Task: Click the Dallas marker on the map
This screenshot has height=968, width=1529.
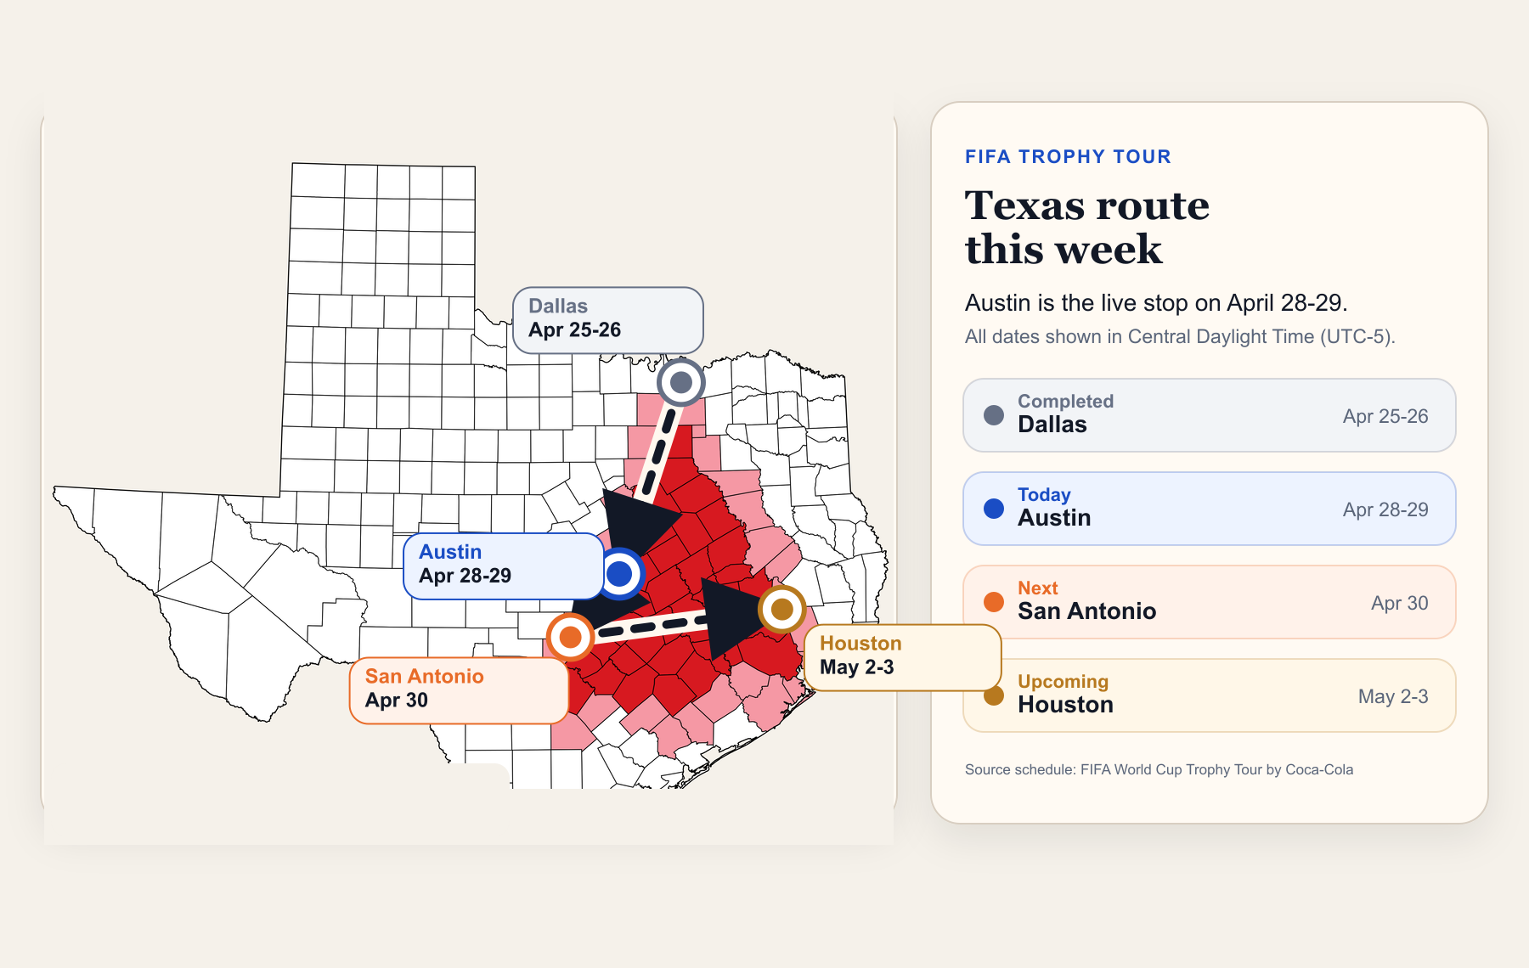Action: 681,383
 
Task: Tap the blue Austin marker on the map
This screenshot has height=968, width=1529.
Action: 620,574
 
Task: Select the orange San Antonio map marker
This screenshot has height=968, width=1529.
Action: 570,636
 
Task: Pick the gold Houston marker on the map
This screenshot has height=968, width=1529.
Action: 781,609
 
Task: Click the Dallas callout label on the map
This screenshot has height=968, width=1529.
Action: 607,319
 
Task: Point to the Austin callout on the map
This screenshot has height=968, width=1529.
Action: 503,566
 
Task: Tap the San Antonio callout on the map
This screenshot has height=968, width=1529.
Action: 459,689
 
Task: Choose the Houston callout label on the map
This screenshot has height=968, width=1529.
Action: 902,656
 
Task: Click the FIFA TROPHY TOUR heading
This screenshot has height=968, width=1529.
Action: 1068,157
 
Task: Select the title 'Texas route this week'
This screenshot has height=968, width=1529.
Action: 1087,228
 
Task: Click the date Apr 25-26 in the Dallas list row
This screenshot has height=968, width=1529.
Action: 1385,417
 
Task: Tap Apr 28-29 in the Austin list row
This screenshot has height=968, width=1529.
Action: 1385,510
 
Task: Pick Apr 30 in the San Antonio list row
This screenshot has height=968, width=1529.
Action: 1399,604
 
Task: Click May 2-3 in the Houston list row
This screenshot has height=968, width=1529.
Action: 1392,697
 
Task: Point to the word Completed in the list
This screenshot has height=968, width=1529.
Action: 1065,402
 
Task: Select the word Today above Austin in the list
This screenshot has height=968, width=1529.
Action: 1044,495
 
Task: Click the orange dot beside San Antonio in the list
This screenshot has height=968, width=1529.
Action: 994,602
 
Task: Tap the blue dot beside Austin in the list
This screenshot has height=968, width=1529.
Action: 994,509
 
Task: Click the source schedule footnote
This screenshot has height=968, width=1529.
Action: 1159,770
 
